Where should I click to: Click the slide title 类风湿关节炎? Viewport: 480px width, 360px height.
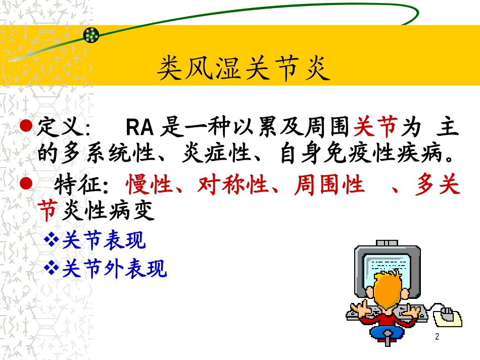coord(243,69)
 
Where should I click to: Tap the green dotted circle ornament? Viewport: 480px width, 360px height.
coord(91,35)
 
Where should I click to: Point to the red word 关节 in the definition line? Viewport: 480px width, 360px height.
coord(375,129)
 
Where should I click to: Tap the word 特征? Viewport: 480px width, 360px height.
coord(77,186)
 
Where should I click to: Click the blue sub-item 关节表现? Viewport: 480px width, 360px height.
coord(104,241)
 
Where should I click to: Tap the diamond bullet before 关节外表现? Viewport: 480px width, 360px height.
coord(52,269)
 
